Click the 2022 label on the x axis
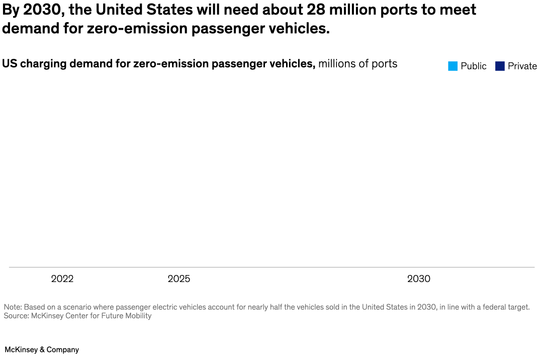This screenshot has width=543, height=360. point(62,279)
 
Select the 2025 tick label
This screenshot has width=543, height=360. point(179,279)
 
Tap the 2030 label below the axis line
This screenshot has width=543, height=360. point(419,279)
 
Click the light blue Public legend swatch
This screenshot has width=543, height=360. point(452,66)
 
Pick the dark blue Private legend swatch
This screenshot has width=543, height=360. point(500,66)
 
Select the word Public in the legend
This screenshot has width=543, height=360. point(474,66)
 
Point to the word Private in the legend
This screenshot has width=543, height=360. point(522,66)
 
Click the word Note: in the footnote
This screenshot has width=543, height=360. point(13,307)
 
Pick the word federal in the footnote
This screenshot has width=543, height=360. point(492,307)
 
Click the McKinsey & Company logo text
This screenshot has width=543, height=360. point(42,349)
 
